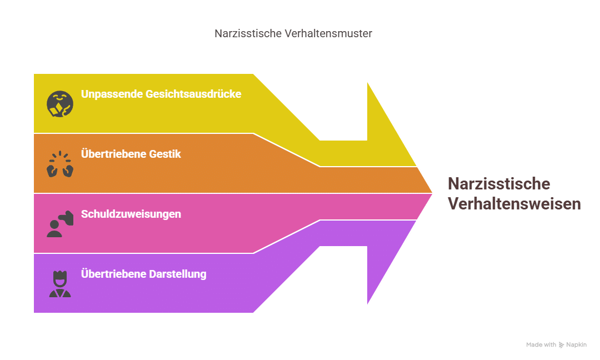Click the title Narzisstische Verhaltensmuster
coord(293,33)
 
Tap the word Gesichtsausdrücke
coord(193,94)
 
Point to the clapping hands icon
coord(60,164)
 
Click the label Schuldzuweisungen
coord(131,214)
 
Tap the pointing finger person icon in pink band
coord(60,224)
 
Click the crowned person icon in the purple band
coord(60,284)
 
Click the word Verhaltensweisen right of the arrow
coord(514,204)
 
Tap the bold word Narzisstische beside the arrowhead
coord(499,184)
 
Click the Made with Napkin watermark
coord(556,345)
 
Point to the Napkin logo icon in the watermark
coord(562,345)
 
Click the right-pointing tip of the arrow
coord(432,193)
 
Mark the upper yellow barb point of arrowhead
coord(367,81)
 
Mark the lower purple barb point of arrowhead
coord(367,305)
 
